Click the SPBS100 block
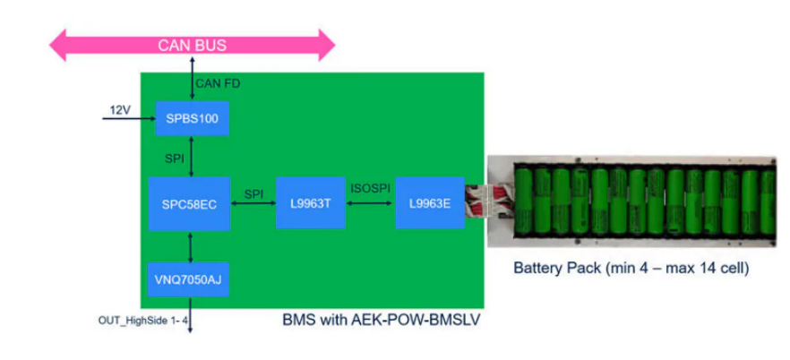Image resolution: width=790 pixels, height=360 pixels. click(192, 118)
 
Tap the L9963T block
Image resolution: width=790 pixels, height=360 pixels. click(309, 203)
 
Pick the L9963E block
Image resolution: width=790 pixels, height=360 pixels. click(428, 203)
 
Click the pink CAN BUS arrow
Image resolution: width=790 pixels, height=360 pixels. click(192, 44)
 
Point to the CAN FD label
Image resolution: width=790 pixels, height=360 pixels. click(218, 84)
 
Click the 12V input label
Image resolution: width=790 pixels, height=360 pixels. click(120, 109)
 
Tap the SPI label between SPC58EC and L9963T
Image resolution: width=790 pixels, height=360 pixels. click(254, 192)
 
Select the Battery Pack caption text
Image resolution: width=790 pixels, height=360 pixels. click(631, 268)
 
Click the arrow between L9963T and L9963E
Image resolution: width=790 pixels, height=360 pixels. click(369, 204)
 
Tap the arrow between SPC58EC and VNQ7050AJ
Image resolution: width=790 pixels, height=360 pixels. click(192, 245)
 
